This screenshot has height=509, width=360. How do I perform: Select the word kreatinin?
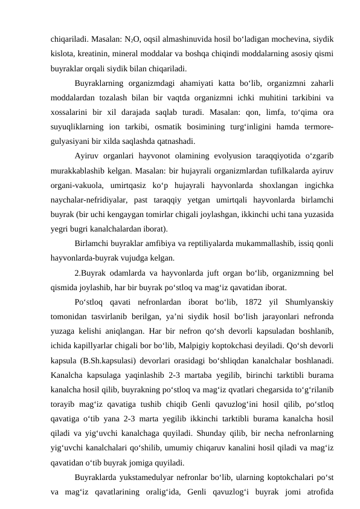94,54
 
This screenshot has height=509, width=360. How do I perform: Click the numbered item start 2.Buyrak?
89,274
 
